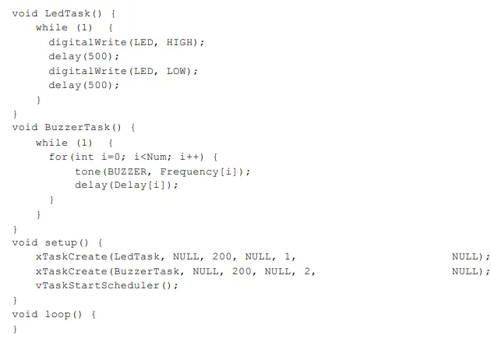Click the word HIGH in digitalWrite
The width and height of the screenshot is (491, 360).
(x=179, y=42)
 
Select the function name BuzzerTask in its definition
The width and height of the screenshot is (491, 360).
(x=80, y=128)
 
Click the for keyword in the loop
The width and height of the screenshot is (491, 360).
(x=58, y=157)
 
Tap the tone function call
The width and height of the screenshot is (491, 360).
(x=87, y=171)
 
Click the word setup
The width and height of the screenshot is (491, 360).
(x=61, y=243)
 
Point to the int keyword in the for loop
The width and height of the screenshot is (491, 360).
(x=84, y=157)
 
